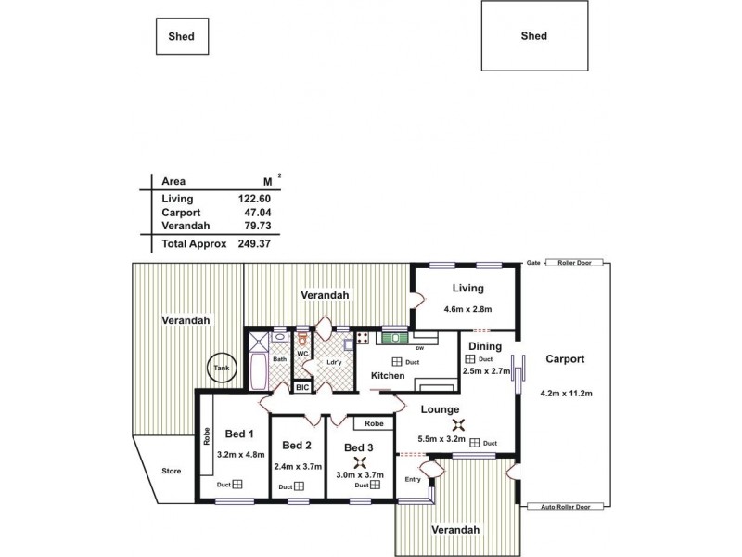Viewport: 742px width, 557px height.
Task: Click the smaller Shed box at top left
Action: coord(182,37)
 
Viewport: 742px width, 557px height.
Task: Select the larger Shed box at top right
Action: coord(533,36)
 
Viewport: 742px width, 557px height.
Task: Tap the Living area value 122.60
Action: coord(252,199)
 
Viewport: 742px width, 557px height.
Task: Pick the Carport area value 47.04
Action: coord(256,213)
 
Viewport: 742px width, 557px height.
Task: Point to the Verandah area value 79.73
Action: coord(256,226)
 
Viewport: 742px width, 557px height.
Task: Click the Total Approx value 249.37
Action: coord(252,243)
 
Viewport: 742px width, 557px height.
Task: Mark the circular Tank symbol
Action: coord(221,368)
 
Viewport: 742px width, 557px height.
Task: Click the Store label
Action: coord(172,472)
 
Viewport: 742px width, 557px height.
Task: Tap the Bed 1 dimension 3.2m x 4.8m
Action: coord(241,455)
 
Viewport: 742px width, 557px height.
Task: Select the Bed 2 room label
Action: coord(297,444)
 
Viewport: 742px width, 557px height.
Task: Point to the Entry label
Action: coord(414,479)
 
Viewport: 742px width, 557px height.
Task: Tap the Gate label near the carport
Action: coord(533,263)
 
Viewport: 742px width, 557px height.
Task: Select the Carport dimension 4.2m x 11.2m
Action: coord(566,394)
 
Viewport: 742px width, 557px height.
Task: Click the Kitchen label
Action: coord(388,375)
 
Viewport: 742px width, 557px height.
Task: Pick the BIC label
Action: coord(302,387)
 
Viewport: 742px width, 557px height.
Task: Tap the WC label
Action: coord(302,354)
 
